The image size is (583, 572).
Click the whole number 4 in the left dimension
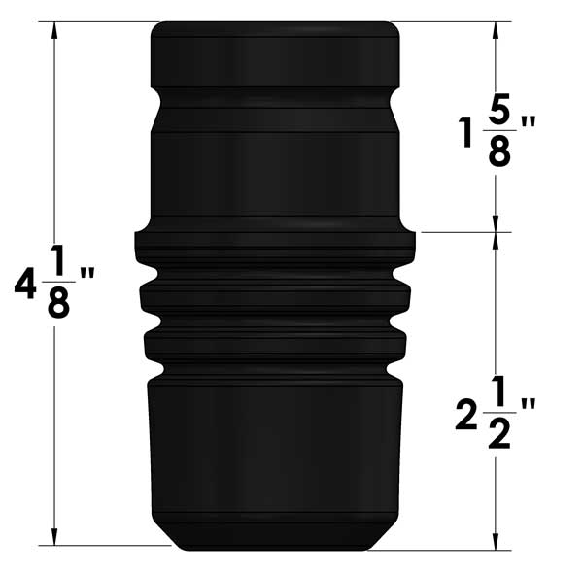(x=24, y=285)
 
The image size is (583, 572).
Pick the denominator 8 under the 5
(x=499, y=151)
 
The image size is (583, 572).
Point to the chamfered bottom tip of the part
(x=274, y=537)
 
